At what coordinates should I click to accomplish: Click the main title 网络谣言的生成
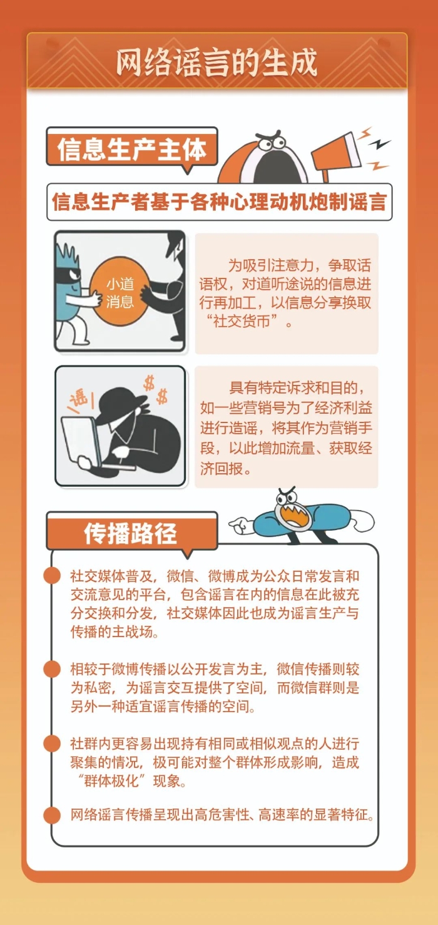coord(217,61)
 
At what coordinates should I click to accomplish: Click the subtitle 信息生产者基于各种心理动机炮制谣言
coord(219,202)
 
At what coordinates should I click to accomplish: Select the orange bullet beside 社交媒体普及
coord(52,575)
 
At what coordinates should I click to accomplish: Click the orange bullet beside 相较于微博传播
coord(52,669)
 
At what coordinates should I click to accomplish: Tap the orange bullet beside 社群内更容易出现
coord(52,744)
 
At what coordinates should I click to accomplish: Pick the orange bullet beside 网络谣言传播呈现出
coord(52,815)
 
